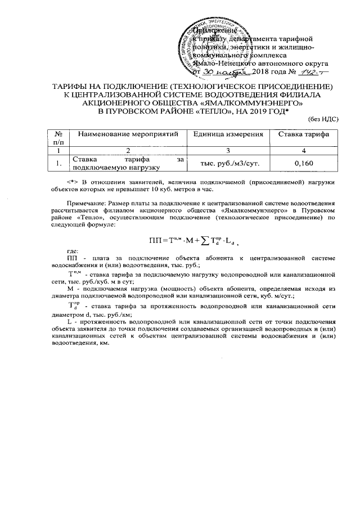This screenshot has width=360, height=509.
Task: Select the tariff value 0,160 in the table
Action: point(304,163)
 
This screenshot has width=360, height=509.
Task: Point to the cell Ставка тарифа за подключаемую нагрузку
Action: point(128,163)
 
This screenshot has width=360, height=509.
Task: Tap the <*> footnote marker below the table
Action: point(71,181)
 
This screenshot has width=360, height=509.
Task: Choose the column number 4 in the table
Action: point(304,151)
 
